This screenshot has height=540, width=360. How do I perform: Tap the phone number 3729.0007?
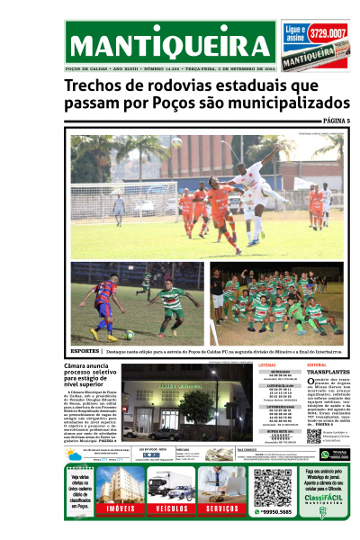(328, 34)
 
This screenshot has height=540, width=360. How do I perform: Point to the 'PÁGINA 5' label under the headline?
(336, 121)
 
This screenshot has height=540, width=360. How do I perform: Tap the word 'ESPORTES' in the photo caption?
(85, 350)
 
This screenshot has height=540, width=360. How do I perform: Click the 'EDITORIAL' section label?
(316, 364)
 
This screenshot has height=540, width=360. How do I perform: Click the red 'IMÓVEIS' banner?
(121, 508)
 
